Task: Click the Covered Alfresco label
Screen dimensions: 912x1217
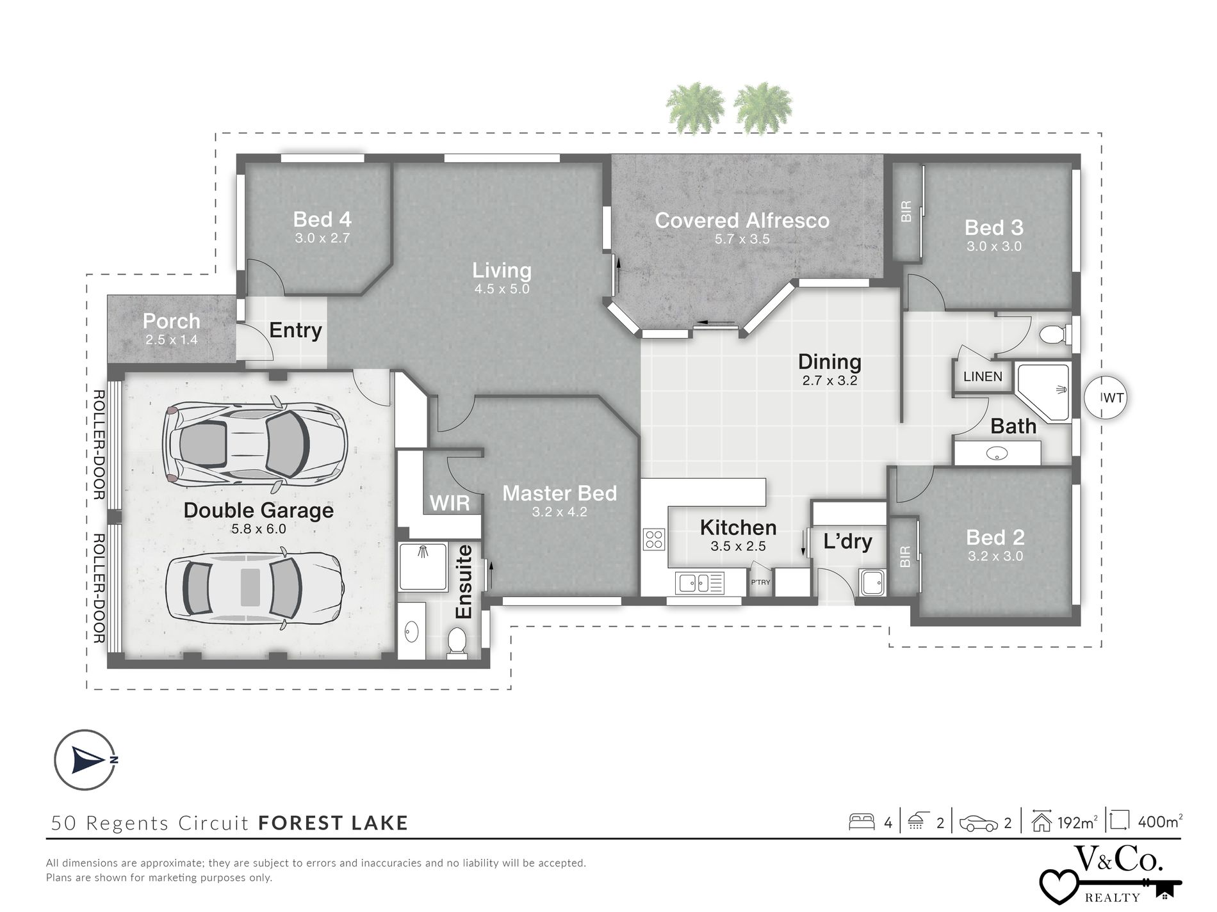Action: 742,221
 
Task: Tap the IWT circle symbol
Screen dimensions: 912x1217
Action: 1105,397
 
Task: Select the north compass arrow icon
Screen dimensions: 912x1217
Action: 86,760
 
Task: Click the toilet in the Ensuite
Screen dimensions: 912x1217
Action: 457,642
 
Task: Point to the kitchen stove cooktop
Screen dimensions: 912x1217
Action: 654,540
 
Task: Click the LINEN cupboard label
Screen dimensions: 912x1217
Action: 983,376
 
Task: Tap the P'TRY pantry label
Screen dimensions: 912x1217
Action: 760,582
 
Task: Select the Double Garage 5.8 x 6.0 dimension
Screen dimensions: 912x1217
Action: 259,529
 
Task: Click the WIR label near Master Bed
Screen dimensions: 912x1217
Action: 450,503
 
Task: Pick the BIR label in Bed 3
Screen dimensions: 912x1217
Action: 906,212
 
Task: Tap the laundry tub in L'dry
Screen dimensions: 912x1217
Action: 871,582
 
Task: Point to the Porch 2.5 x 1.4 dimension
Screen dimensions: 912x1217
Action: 171,340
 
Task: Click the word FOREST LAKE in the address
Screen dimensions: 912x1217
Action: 333,822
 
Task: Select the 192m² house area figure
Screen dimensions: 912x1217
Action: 1077,822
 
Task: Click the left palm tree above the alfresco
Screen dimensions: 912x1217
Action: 695,107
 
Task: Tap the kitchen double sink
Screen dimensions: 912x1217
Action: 694,582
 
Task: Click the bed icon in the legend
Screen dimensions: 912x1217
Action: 862,822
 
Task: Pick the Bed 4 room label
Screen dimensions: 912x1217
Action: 322,220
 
